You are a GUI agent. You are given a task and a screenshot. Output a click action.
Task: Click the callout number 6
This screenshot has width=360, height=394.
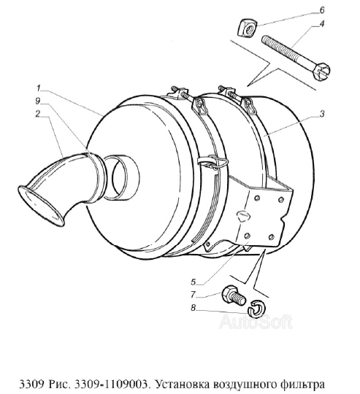click(x=322, y=10)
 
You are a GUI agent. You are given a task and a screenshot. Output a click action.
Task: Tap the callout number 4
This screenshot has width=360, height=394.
click(x=321, y=24)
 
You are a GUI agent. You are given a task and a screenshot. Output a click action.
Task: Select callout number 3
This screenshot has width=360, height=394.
click(x=322, y=114)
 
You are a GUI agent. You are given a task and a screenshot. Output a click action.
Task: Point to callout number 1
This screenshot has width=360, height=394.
click(x=39, y=88)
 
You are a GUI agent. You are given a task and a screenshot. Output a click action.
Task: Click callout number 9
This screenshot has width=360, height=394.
click(x=38, y=101)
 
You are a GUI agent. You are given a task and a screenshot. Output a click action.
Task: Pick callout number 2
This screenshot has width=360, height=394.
click(x=38, y=114)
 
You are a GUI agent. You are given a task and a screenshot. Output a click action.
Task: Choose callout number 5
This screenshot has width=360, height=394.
click(x=193, y=282)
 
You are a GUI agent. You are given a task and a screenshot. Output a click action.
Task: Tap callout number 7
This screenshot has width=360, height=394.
click(x=193, y=295)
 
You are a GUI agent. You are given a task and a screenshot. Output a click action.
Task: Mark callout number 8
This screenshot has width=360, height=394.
click(x=193, y=308)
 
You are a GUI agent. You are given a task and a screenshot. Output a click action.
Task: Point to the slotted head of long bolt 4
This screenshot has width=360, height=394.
click(x=321, y=72)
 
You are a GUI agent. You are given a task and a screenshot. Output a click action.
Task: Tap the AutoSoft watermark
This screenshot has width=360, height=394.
click(x=256, y=322)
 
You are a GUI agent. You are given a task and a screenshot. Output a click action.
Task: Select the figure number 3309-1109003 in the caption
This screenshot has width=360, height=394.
click(x=110, y=385)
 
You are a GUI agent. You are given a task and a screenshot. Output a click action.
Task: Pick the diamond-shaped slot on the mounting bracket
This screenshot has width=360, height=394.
click(x=243, y=215)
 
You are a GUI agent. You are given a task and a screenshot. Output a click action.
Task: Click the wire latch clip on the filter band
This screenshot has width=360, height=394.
click(x=213, y=162)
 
